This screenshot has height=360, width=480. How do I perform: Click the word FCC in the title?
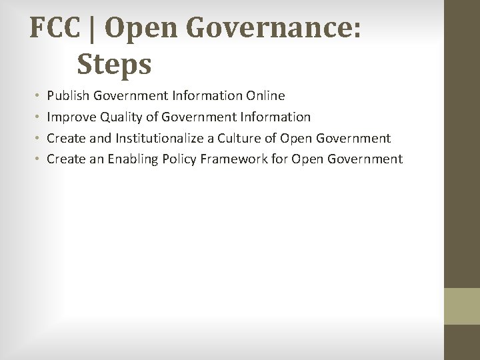(56, 28)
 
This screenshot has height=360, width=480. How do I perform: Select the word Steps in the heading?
(114, 64)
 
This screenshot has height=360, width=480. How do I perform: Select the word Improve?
(72, 117)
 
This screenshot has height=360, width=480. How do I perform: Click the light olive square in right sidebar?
(462, 306)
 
